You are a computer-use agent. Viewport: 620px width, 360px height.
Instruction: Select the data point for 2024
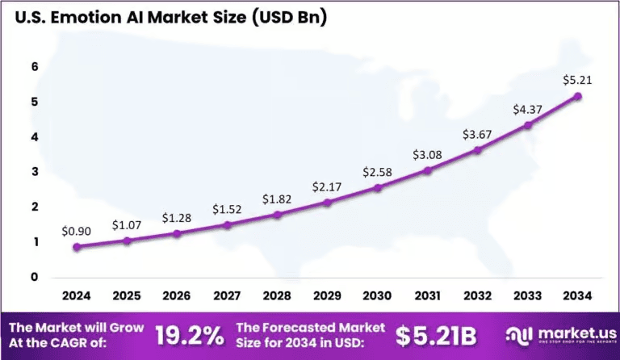[x=77, y=247]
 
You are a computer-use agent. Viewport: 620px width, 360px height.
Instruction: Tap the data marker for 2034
[x=577, y=96]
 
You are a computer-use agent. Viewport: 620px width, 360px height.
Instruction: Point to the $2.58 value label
[x=377, y=172]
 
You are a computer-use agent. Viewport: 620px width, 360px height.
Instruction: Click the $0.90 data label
[x=77, y=231]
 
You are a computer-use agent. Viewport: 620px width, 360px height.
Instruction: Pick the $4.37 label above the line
[x=527, y=109]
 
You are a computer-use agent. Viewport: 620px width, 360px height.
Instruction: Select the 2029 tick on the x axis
[x=327, y=296]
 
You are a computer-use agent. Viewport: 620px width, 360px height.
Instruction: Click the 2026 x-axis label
[x=177, y=296]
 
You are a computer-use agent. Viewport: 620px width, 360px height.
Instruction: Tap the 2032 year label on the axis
[x=477, y=296]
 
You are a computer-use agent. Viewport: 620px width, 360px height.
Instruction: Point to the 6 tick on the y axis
[x=35, y=67]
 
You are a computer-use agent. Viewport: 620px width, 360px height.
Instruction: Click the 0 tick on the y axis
[x=35, y=277]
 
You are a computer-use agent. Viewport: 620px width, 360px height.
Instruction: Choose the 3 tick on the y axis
[x=35, y=172]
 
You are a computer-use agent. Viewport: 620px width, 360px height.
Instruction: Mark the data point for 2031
[x=427, y=170]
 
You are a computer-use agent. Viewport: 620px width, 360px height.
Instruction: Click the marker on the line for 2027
[x=227, y=225]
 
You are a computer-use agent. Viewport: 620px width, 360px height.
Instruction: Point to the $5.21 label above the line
[x=577, y=80]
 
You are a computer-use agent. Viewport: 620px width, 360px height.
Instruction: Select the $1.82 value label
[x=277, y=199]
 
